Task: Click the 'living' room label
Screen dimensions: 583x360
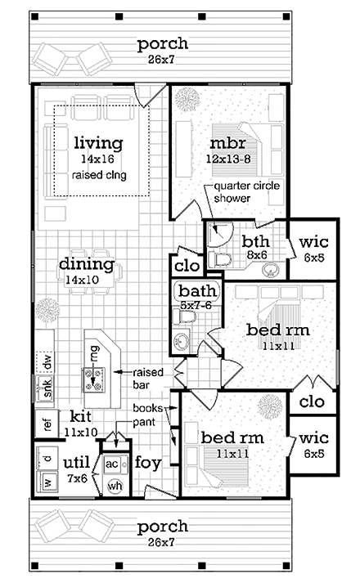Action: [98, 144]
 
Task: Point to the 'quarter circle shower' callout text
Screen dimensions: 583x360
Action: [237, 191]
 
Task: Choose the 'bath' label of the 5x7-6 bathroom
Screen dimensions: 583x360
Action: [196, 291]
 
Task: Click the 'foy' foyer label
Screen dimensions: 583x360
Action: [147, 464]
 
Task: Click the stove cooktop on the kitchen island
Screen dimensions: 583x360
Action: [94, 378]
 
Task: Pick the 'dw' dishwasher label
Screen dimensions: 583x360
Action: [47, 361]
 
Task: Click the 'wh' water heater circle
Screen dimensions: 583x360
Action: [114, 484]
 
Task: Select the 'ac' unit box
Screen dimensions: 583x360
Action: [112, 465]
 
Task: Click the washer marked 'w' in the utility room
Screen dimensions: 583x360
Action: [47, 482]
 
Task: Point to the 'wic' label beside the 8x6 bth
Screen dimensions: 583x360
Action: [313, 242]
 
